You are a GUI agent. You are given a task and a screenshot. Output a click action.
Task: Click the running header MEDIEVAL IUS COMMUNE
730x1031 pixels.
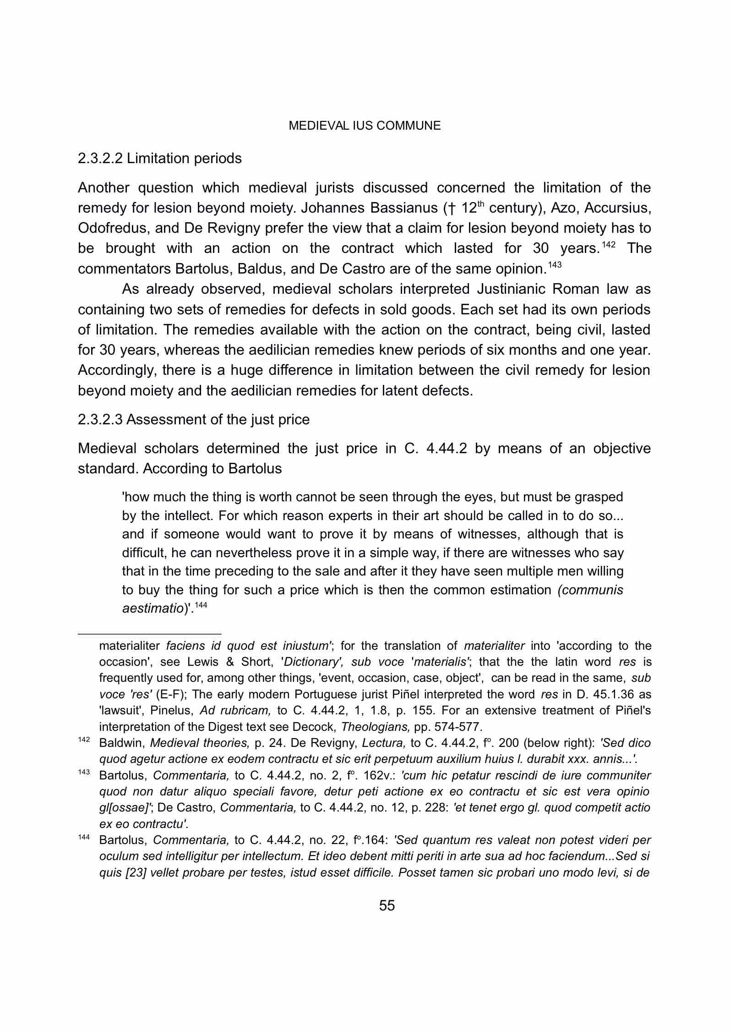(365, 126)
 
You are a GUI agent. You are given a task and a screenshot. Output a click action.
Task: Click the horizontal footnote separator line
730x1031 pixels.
(149, 634)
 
